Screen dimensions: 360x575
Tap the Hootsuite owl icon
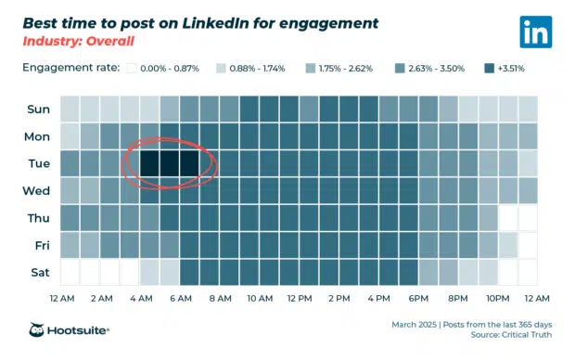click(x=39, y=329)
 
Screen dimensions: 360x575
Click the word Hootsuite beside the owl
click(x=80, y=330)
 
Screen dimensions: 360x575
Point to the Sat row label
click(x=39, y=273)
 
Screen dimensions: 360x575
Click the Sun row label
click(x=39, y=109)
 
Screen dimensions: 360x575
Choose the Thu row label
click(x=39, y=219)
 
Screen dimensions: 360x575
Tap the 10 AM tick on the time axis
click(x=260, y=299)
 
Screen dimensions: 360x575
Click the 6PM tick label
click(x=417, y=299)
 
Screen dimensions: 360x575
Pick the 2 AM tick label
click(x=101, y=299)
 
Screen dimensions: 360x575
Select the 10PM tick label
click(x=498, y=299)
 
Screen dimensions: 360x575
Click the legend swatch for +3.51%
click(x=489, y=68)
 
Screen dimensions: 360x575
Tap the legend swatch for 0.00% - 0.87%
click(x=133, y=68)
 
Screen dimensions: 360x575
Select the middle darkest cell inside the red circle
click(x=169, y=164)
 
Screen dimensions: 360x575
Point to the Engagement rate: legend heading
click(x=70, y=68)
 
